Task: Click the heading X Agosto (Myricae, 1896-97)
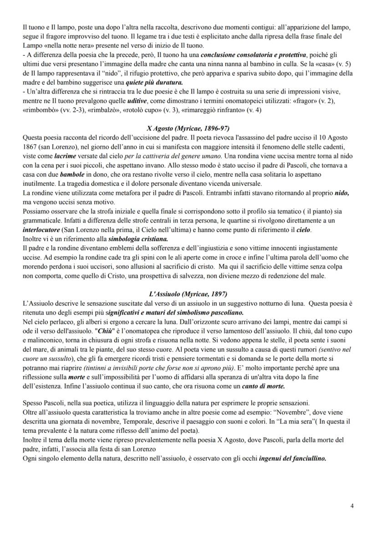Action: point(188,129)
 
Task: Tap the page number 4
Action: point(352,505)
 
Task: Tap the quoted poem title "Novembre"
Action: point(286,413)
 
